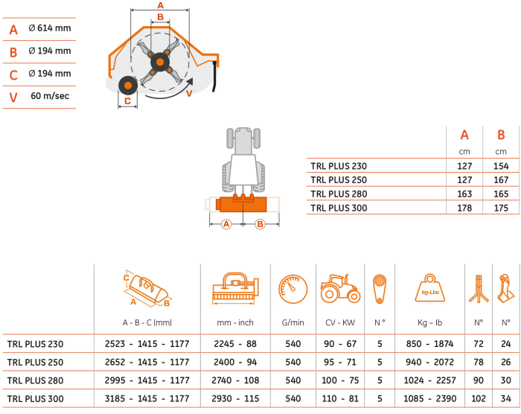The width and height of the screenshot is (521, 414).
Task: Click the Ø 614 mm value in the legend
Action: point(50,28)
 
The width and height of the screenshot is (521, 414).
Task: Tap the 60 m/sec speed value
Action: point(50,96)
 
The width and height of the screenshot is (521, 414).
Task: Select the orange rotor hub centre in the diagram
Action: point(160,63)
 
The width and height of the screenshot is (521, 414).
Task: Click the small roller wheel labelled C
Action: point(128,86)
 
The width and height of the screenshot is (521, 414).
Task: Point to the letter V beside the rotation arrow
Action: point(189,94)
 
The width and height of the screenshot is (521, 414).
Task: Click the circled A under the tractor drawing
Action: point(226,224)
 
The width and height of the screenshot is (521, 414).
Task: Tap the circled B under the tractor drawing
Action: point(260,224)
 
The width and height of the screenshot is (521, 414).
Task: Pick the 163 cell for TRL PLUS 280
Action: point(464,194)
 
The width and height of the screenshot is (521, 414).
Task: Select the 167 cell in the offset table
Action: point(501,180)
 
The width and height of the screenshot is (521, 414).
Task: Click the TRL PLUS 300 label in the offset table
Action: point(339,208)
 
